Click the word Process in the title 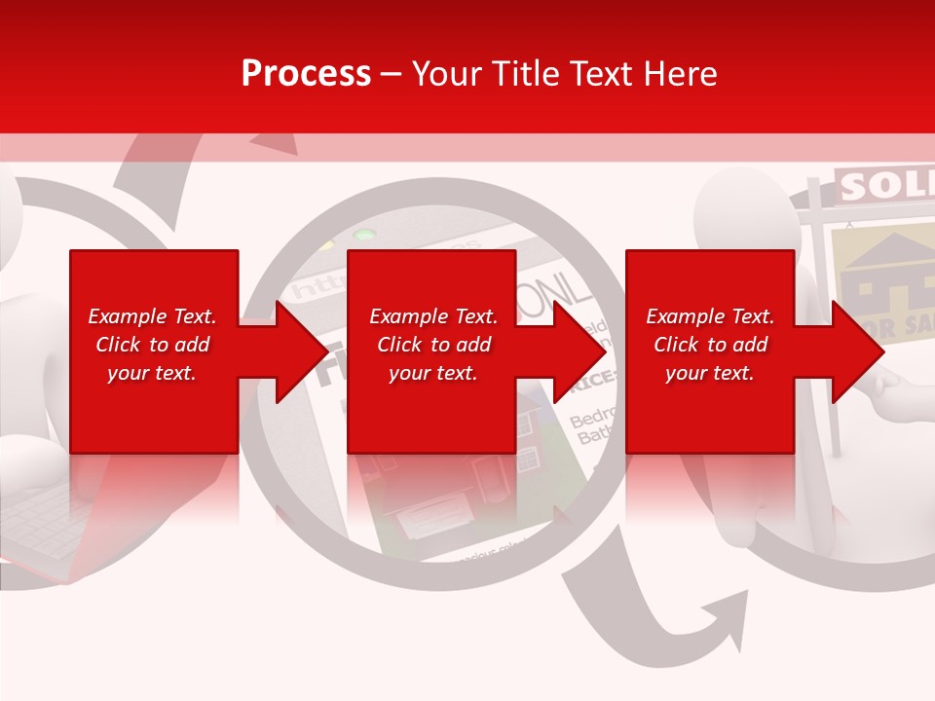click(x=306, y=74)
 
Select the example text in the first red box click(x=152, y=345)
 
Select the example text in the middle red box click(x=432, y=345)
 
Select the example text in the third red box click(x=710, y=345)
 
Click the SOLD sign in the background click(x=882, y=186)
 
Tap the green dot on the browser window click(x=364, y=235)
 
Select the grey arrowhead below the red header click(x=280, y=144)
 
